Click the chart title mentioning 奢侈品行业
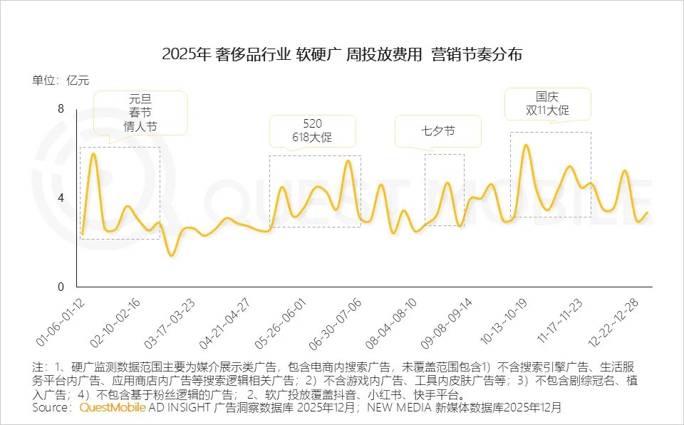click(x=342, y=54)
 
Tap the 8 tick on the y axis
click(x=61, y=108)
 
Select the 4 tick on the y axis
click(x=61, y=198)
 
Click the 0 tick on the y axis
click(x=61, y=287)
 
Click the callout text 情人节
click(x=140, y=127)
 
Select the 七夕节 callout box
click(x=437, y=132)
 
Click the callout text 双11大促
click(x=547, y=111)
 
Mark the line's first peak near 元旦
click(x=93, y=154)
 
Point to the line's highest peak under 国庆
click(x=526, y=145)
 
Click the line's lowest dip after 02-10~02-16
click(x=171, y=255)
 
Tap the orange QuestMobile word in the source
click(x=112, y=408)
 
